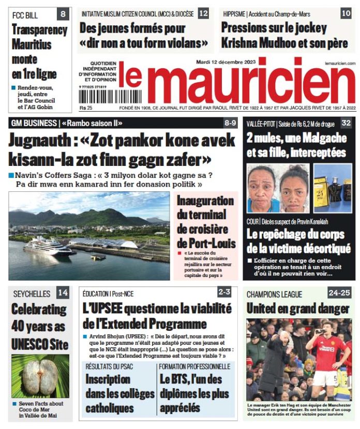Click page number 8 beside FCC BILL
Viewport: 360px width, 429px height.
[62, 14]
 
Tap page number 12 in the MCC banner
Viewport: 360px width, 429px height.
[204, 13]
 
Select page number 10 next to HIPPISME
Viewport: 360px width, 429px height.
[346, 13]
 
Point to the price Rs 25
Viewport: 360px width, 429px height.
[85, 108]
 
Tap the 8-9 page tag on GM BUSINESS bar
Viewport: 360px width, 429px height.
[230, 123]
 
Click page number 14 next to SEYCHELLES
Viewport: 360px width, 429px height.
[63, 293]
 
